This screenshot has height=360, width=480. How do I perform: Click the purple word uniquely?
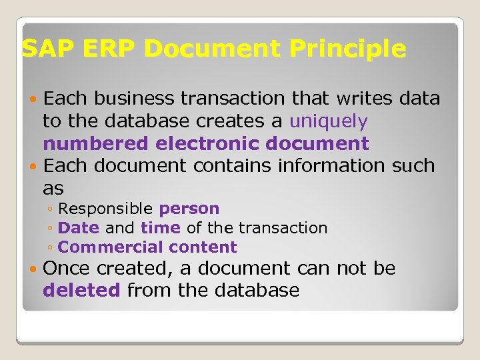tap(329, 121)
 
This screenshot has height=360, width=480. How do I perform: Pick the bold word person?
tap(189, 209)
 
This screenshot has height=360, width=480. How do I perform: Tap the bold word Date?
tap(79, 228)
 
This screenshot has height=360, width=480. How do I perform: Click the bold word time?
tap(161, 228)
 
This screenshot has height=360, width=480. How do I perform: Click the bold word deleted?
tap(81, 291)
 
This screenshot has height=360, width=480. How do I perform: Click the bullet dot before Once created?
tap(34, 269)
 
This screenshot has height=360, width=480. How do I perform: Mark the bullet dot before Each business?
tap(34, 99)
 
